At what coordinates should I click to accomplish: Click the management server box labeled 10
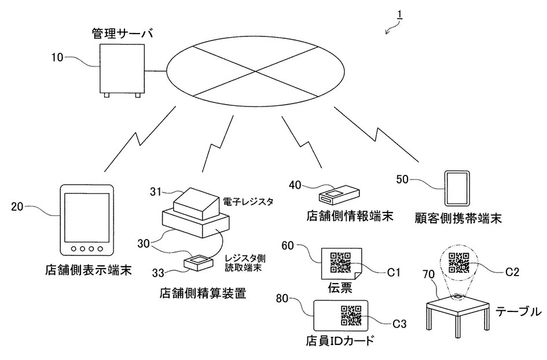pos(122,70)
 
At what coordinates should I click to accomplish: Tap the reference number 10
pos(57,57)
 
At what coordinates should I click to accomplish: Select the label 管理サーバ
pos(123,34)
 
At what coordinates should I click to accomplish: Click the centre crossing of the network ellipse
pos(255,72)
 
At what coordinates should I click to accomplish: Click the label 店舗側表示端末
pos(88,270)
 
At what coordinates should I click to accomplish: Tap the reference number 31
pos(156,192)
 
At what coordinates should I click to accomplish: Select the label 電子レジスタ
pos(248,201)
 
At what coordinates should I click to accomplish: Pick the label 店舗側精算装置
pos(203,293)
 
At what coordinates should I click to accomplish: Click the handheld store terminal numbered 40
pos(339,194)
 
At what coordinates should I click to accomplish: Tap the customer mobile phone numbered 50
pos(457,188)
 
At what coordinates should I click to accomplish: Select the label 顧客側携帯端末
pos(458,218)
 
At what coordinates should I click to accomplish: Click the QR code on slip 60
pos(340,262)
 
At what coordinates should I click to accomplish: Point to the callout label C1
pos(394,272)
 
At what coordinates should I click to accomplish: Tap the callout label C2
pos(512,272)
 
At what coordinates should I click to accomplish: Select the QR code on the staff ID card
pos(351,315)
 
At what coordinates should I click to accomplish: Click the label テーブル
pos(519,311)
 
